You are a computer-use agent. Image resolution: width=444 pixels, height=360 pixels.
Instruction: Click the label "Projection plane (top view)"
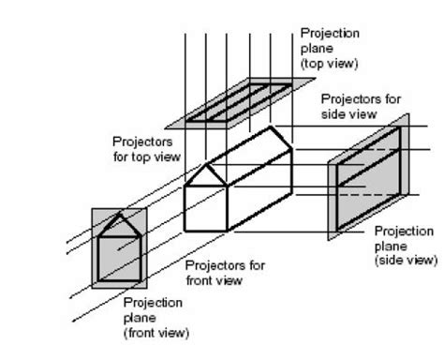click(330, 48)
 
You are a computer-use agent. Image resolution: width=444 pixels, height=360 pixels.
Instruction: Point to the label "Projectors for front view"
click(225, 273)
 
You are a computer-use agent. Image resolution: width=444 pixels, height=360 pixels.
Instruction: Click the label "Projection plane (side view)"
click(405, 245)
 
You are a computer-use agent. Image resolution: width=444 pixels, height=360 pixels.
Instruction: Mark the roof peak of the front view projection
click(119, 217)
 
